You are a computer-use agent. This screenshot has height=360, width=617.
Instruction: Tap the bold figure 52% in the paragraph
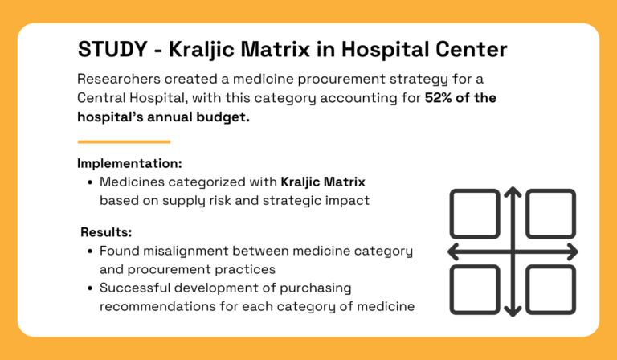[x=440, y=100]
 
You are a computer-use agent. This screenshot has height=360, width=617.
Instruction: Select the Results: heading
[x=106, y=232]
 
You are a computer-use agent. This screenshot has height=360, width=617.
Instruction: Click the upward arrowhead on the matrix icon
[x=513, y=193]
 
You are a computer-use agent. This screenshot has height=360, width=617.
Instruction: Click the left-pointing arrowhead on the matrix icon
[x=453, y=252]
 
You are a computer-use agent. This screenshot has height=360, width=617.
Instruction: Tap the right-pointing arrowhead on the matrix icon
[x=572, y=252]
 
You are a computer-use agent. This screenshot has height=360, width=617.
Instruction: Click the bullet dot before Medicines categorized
[x=89, y=183]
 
